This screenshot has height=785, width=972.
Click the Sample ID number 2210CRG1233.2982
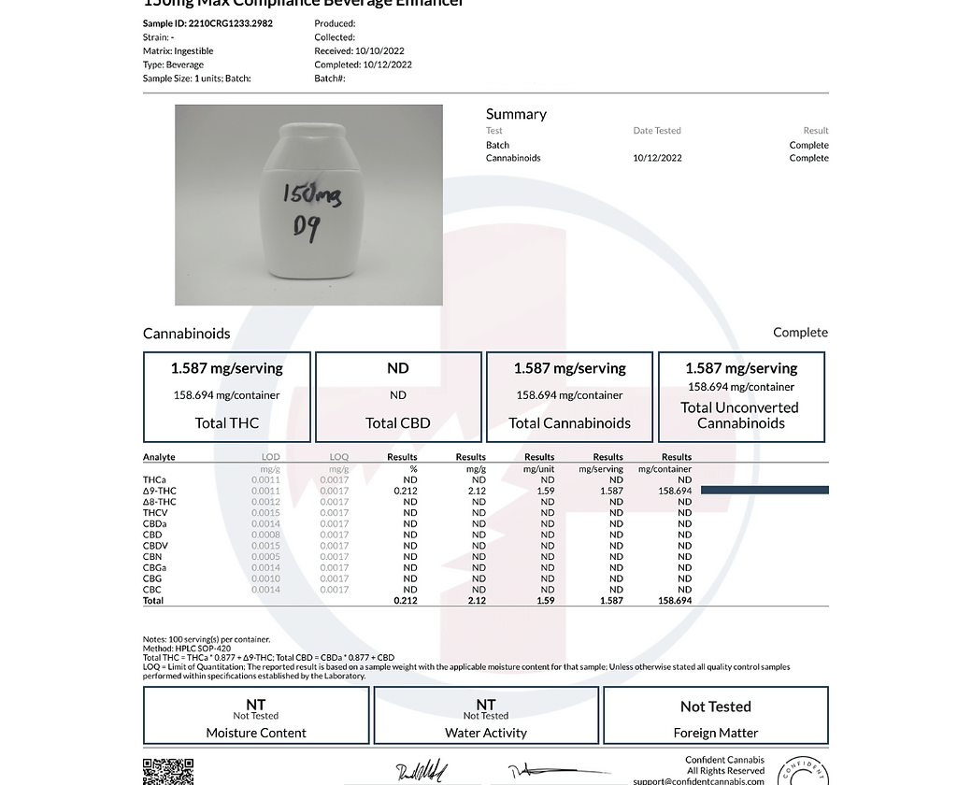(230, 23)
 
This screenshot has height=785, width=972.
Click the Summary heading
(516, 114)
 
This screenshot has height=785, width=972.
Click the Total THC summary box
(226, 396)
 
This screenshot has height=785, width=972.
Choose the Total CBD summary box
(398, 396)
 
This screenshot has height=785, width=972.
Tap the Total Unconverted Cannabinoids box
(741, 396)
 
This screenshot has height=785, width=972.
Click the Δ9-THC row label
(159, 491)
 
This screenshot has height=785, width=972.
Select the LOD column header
(270, 457)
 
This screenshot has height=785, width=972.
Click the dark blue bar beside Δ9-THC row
(765, 490)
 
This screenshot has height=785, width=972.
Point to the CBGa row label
(154, 567)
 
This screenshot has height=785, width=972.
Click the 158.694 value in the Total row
(674, 601)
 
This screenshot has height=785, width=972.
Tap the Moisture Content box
(256, 716)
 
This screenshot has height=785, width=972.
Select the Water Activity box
(486, 716)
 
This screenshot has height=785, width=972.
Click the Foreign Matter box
(716, 716)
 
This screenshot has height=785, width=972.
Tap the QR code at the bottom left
(168, 772)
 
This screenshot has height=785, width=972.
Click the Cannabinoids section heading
(186, 333)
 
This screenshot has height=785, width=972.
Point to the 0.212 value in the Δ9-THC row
(406, 491)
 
